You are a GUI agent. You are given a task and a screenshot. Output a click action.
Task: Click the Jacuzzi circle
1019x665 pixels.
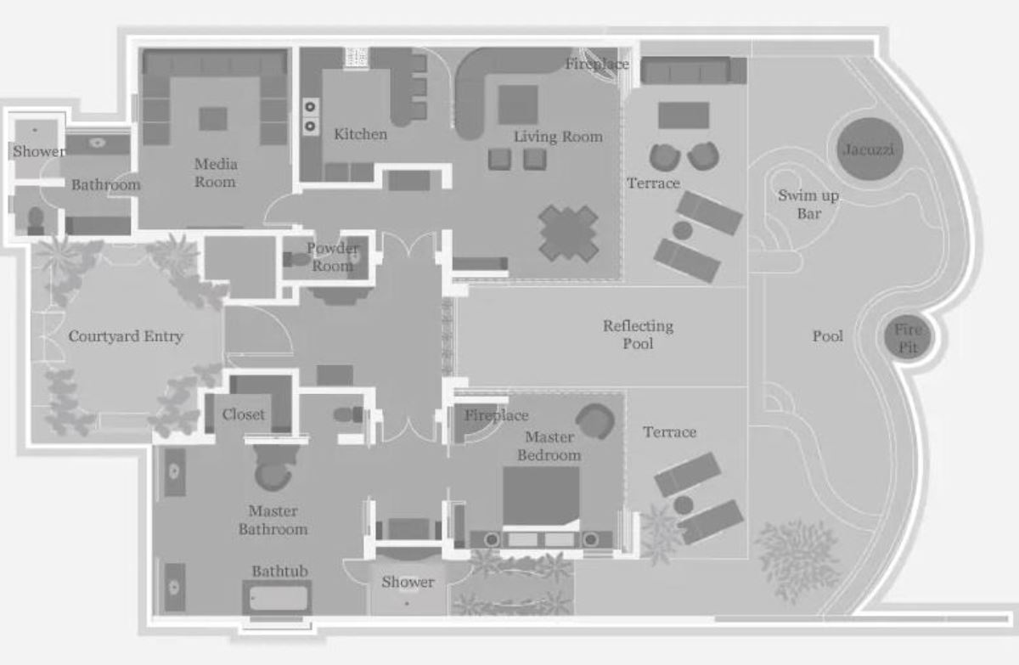[x=870, y=149]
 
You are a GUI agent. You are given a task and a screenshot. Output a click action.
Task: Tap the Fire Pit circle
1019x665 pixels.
[x=908, y=338]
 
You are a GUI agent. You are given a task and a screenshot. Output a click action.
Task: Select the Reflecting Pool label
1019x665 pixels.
[x=639, y=335]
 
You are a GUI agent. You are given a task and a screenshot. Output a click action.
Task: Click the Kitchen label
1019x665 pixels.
[x=360, y=134]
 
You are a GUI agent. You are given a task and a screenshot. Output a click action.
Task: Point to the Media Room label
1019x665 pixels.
[x=215, y=173]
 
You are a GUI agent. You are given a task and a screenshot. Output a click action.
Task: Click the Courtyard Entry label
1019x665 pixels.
[x=126, y=336]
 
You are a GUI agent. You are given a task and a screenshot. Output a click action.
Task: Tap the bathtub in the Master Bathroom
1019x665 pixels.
[x=277, y=597]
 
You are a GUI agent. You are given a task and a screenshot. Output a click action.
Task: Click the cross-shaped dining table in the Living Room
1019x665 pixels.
[x=568, y=234]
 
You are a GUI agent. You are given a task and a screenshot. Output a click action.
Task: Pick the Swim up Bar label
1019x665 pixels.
[x=808, y=204]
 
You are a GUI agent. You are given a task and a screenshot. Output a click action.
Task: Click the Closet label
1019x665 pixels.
[x=243, y=414]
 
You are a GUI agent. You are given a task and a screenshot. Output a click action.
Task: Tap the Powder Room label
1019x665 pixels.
[x=333, y=257]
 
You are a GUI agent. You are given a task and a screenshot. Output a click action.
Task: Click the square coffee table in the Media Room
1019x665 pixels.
[x=213, y=119]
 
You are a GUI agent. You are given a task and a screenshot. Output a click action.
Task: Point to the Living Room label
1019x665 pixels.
[x=558, y=137]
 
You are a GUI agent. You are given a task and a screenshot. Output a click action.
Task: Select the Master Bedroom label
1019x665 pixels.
[x=549, y=446]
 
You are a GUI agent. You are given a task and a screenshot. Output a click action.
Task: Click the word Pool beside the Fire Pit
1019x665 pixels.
[x=827, y=336]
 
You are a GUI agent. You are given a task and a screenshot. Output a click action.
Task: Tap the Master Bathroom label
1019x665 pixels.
[x=273, y=521]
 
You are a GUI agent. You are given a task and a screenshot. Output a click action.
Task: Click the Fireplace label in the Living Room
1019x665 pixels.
[x=597, y=65]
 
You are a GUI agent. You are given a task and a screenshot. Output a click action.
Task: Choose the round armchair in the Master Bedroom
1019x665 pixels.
[x=595, y=421]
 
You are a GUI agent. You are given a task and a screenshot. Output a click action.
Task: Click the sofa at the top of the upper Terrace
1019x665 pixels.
[x=693, y=70]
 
